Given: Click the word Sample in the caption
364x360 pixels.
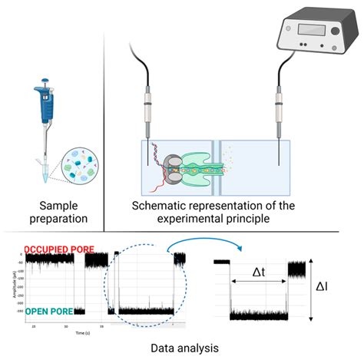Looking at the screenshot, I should [x=50, y=205].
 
